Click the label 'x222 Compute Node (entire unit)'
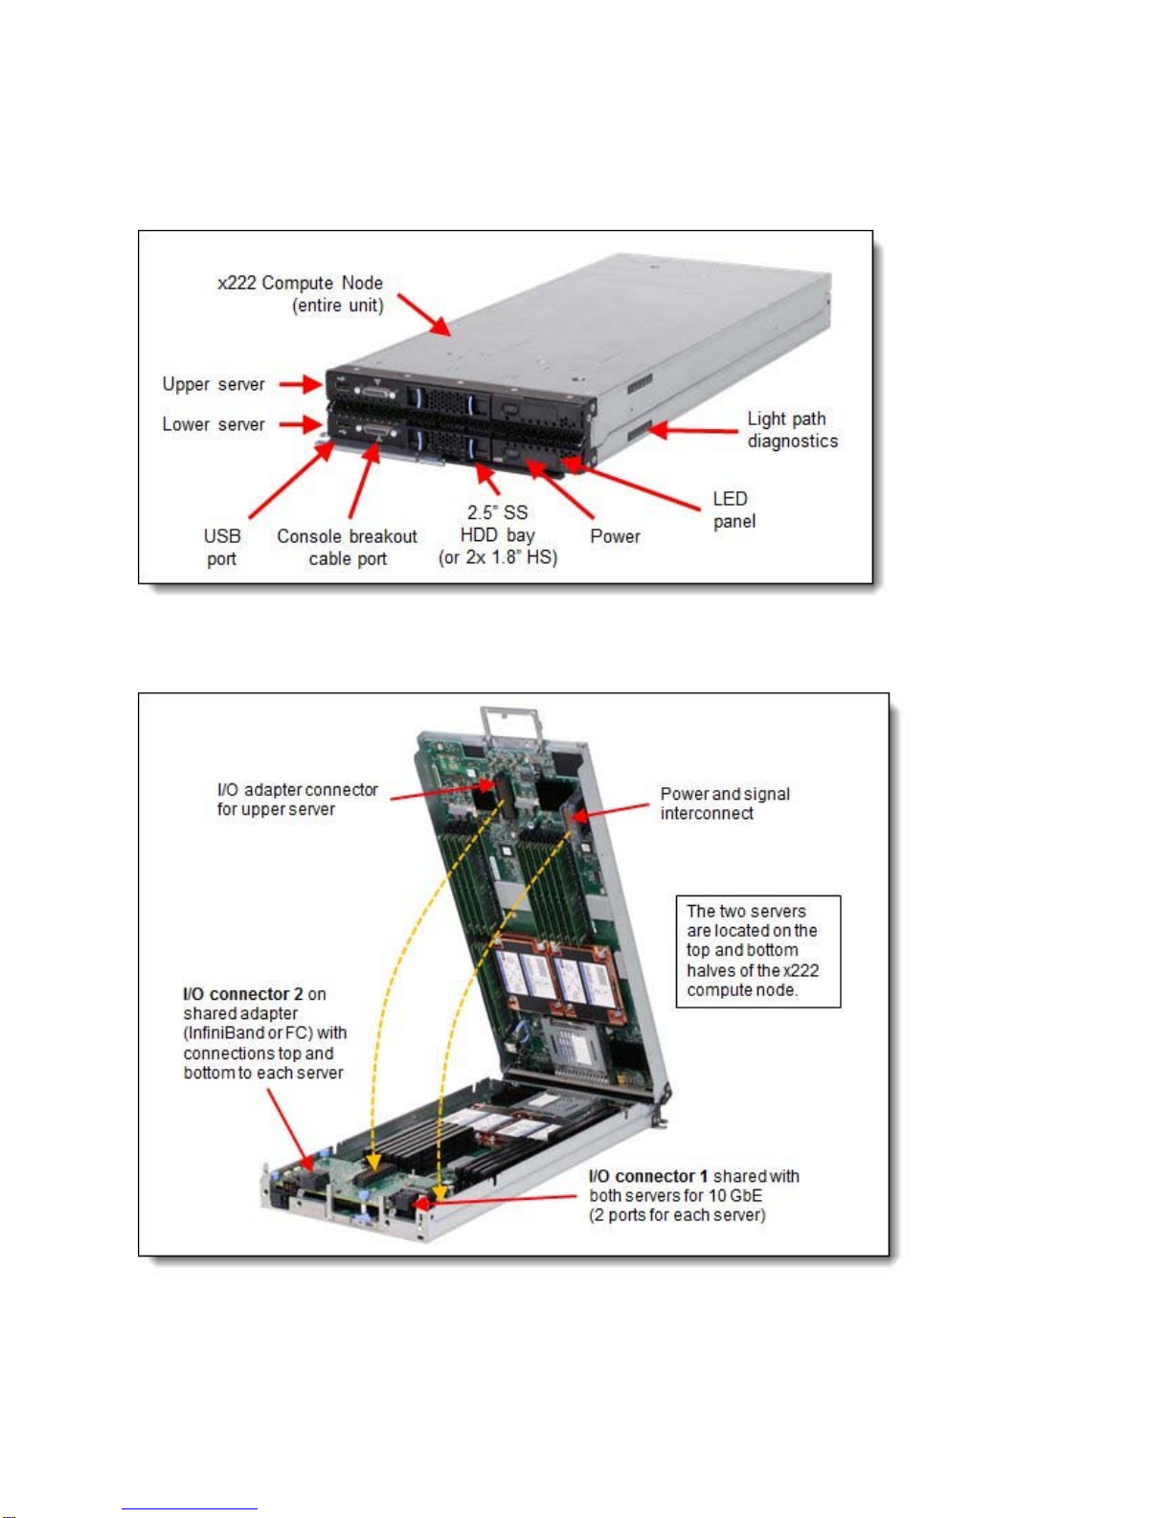click(301, 294)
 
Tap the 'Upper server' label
click(213, 384)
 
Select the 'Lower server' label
click(213, 424)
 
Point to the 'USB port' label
click(222, 547)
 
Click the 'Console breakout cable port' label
click(347, 547)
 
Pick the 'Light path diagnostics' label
click(792, 429)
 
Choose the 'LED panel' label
click(733, 510)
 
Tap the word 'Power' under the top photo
click(615, 536)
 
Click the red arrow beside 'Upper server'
click(301, 385)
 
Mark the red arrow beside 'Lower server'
click(301, 424)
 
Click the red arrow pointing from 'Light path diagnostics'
click(694, 430)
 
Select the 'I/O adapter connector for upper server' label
click(297, 799)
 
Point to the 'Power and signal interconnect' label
click(724, 804)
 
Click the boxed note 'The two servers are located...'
click(757, 950)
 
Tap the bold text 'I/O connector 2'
click(236, 994)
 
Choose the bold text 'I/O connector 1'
click(648, 1176)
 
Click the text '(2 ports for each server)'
click(677, 1215)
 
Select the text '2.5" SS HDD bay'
click(497, 524)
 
